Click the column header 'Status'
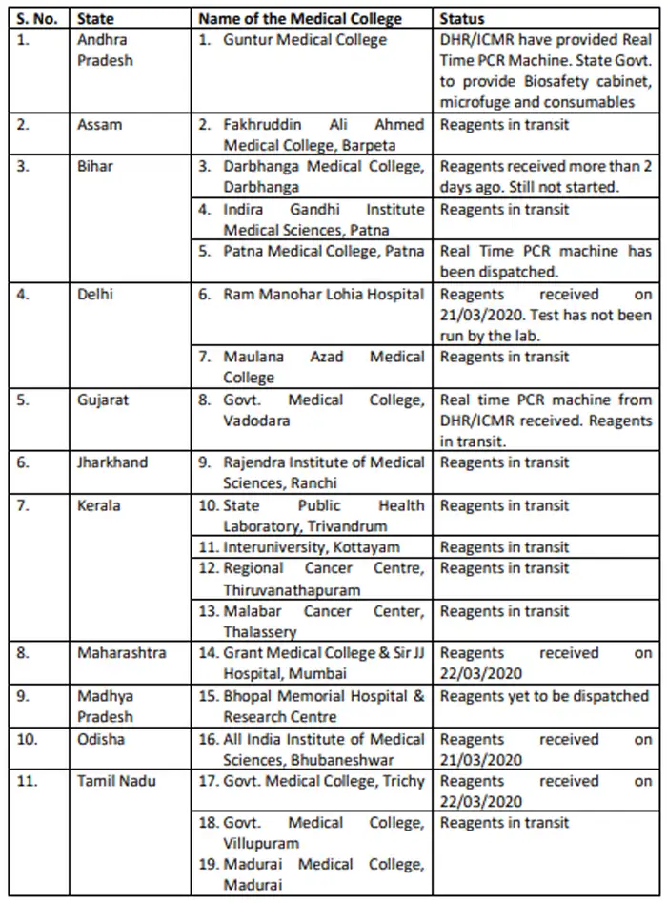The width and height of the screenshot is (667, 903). click(462, 19)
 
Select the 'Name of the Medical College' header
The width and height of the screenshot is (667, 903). click(300, 19)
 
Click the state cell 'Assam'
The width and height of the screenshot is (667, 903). click(99, 125)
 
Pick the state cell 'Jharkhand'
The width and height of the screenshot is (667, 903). click(112, 462)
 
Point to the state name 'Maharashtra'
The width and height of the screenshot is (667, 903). click(121, 653)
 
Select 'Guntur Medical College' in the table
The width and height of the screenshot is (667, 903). click(305, 40)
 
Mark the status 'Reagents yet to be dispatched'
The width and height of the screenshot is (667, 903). click(544, 696)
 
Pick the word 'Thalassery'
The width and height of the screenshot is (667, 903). click(260, 631)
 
